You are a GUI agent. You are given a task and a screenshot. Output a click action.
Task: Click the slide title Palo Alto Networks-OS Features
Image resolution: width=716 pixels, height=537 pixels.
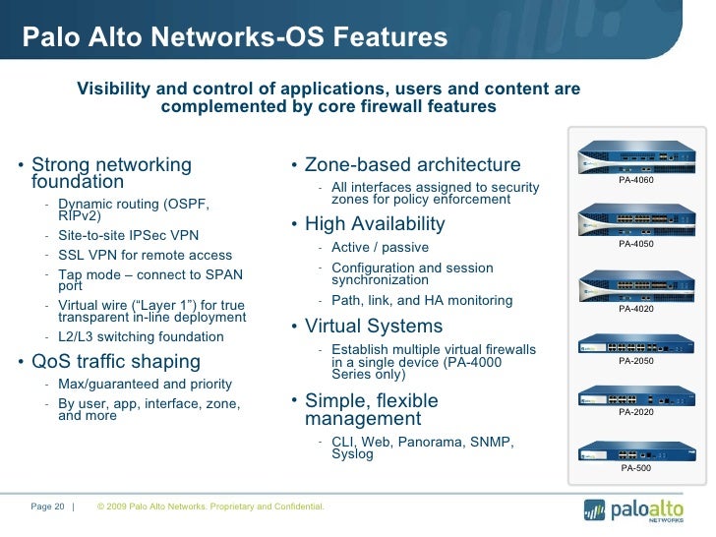[x=235, y=38]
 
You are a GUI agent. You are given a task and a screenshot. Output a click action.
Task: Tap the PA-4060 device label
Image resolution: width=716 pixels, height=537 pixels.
[x=635, y=180]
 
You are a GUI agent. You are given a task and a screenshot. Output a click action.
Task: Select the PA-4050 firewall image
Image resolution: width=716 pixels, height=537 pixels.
[x=635, y=217]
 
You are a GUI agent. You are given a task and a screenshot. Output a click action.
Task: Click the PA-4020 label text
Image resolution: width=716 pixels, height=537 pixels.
[x=635, y=309]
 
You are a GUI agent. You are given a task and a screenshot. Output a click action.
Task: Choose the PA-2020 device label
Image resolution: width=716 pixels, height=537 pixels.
[x=635, y=412]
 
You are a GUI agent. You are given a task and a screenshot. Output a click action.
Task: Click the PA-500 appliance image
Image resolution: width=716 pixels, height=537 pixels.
[x=635, y=451]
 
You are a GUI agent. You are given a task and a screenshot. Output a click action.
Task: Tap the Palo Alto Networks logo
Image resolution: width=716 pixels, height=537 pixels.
[x=639, y=510]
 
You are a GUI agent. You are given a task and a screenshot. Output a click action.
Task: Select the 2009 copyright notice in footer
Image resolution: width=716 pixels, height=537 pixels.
[x=210, y=507]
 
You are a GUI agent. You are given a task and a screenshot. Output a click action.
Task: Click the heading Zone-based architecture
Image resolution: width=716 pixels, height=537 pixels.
[x=412, y=165]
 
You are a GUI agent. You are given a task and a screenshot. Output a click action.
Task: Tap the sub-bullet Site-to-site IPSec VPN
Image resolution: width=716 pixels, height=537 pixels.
[x=128, y=235]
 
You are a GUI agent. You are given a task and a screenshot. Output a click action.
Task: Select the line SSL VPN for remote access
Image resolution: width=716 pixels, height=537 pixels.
[x=145, y=256]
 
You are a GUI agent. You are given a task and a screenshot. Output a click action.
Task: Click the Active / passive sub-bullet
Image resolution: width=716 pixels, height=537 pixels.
[x=380, y=247]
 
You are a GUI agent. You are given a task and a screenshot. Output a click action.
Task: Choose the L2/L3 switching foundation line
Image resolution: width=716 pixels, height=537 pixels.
[x=141, y=336]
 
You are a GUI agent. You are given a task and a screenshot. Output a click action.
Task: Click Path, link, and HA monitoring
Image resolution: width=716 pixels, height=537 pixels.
[x=407, y=301]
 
